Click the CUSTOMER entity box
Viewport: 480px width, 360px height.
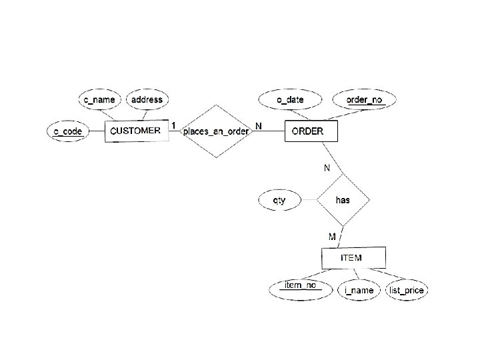135,131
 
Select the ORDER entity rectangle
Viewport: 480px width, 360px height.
311,131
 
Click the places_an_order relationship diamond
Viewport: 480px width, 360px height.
215,131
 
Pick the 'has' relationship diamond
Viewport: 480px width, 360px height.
343,199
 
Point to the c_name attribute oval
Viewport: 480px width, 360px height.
99,100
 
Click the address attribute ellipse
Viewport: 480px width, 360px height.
147,100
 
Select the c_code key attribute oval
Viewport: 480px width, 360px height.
69,131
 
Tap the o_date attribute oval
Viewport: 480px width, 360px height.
291,100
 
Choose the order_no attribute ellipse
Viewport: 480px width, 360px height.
365,100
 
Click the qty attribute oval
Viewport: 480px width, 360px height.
280,199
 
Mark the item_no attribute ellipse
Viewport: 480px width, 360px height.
300,287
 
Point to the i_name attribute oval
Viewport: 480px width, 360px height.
359,290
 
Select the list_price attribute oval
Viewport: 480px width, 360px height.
407,290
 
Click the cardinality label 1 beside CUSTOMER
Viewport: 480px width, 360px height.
173,125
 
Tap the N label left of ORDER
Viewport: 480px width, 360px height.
259,125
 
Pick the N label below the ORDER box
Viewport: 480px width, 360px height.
327,168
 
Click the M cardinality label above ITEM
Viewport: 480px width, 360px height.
332,236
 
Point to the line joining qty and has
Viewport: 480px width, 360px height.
309,199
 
